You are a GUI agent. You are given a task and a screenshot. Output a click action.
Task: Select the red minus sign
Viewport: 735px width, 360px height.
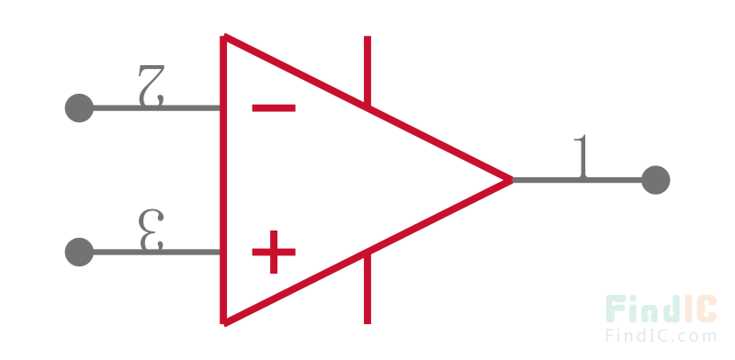[274, 108]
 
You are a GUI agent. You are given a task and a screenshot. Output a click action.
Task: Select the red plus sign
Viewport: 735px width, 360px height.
[274, 252]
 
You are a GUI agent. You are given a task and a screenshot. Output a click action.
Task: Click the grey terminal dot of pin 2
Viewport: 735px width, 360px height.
[79, 108]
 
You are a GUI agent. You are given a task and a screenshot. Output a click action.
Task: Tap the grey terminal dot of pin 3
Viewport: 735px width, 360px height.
[79, 252]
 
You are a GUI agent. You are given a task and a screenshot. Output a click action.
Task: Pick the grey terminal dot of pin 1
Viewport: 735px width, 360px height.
[655, 180]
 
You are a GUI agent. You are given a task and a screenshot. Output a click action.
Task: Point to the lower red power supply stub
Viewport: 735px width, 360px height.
[367, 288]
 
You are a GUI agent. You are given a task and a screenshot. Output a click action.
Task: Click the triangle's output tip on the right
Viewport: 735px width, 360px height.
[509, 180]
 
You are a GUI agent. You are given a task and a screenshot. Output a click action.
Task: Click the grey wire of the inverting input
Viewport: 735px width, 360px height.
[156, 108]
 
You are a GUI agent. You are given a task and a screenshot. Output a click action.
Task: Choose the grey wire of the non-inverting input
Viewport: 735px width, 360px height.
[156, 252]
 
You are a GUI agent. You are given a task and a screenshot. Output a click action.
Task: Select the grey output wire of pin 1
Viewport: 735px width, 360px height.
[579, 180]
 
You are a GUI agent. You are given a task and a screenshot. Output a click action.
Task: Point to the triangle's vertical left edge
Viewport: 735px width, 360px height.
[224, 180]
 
